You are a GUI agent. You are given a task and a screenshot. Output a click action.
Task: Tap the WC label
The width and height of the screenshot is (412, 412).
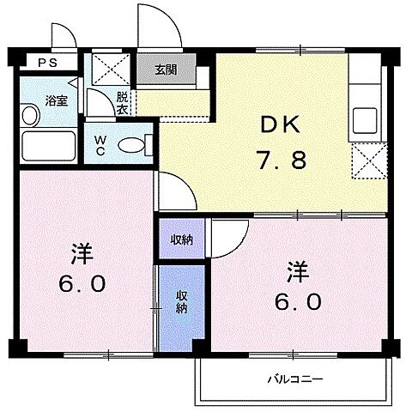[100, 144]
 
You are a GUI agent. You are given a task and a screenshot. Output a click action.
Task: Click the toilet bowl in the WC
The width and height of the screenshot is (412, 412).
[132, 145]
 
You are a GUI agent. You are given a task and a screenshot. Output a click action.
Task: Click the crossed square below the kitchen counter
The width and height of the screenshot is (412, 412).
[367, 158]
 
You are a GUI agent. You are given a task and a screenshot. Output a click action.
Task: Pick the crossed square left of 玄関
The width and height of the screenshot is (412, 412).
[109, 67]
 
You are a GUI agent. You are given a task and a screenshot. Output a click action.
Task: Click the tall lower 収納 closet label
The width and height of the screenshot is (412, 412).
[182, 302]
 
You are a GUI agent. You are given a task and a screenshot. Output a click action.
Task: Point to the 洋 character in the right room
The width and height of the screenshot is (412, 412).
[297, 273]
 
